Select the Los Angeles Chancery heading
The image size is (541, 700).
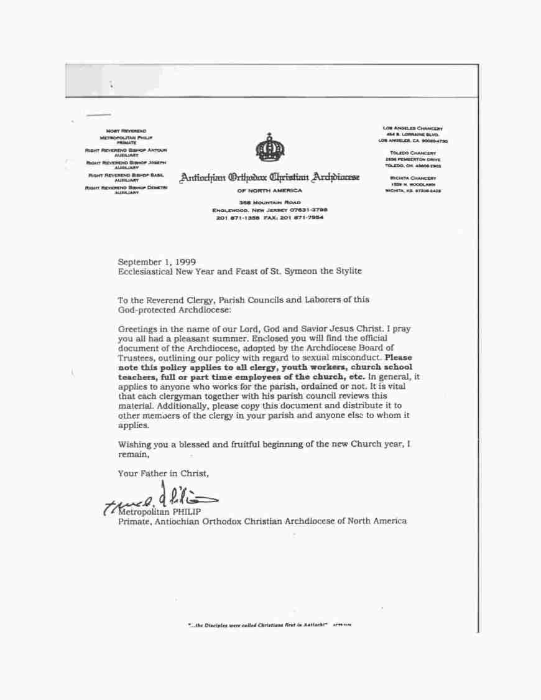coord(412,129)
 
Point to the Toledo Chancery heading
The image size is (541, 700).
coord(412,153)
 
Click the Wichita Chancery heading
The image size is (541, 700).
coord(412,178)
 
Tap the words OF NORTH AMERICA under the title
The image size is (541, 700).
coord(270,190)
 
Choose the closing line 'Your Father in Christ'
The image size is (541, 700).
coord(164,474)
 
